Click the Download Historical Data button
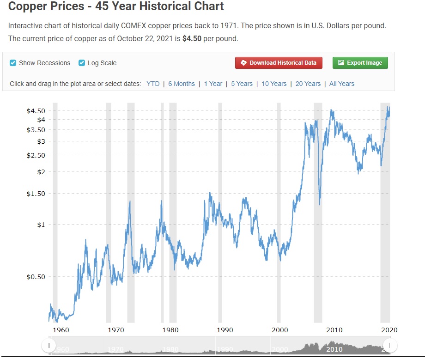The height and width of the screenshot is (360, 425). pos(279,63)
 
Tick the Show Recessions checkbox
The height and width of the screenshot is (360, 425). pos(13,63)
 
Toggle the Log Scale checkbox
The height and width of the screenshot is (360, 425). pos(82,63)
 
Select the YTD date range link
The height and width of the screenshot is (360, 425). pos(153,84)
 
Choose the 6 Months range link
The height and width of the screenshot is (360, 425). pos(182,84)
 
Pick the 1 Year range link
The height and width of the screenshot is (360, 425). pos(213,84)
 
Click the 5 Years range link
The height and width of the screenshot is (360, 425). pos(242,84)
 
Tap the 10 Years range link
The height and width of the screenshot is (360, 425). pos(274,84)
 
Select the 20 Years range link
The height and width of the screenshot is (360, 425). pos(308,84)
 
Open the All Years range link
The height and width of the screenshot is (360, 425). pos(342,84)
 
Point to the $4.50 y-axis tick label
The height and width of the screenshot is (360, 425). pos(36,111)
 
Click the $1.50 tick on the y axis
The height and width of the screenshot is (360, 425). pos(36,194)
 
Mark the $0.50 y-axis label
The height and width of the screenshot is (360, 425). pos(36,277)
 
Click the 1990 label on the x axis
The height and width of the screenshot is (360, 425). pos(225,330)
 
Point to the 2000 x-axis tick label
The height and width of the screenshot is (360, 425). pos(280,330)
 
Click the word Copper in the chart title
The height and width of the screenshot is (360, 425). pos(28,6)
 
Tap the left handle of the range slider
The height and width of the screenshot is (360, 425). pos(49,345)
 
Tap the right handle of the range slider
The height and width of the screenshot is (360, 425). pos(390,345)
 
